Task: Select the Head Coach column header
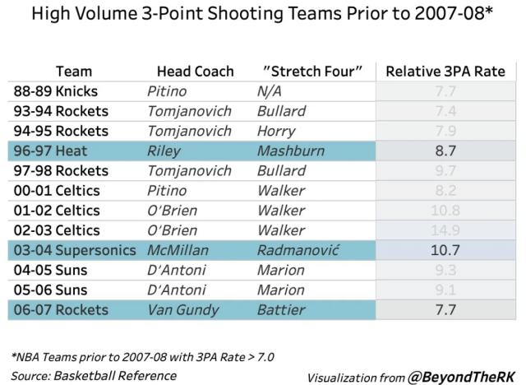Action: [195, 72]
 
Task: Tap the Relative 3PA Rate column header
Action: [445, 72]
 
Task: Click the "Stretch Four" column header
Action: [312, 72]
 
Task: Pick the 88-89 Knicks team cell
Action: [55, 91]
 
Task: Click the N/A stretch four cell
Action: [270, 91]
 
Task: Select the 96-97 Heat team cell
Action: [48, 151]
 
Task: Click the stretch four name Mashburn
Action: [290, 151]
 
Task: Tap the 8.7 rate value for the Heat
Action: [444, 151]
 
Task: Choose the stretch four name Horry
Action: [275, 131]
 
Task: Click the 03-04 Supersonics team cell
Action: [75, 249]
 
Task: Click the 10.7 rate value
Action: [444, 249]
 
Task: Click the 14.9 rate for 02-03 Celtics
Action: [444, 230]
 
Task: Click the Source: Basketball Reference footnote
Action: [95, 375]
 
